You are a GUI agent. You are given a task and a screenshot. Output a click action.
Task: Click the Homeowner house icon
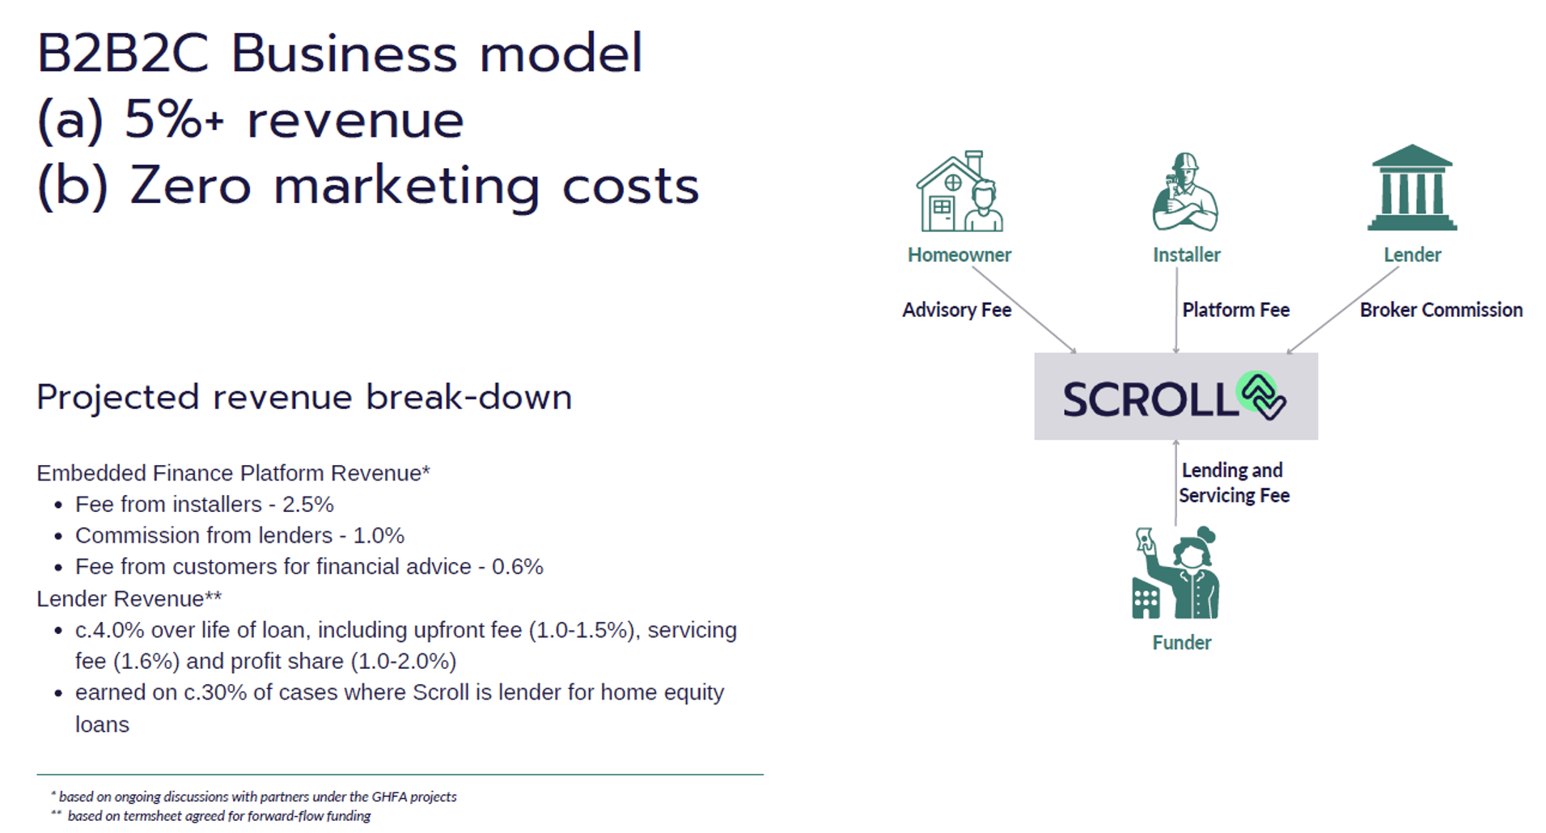pyautogui.click(x=959, y=192)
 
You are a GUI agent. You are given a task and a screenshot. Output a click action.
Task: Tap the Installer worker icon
pyautogui.click(x=1185, y=192)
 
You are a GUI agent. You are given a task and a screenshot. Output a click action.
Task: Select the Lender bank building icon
pyautogui.click(x=1412, y=188)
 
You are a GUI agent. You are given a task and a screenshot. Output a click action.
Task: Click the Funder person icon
pyautogui.click(x=1175, y=573)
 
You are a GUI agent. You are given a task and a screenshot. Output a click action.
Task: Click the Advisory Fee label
pyautogui.click(x=956, y=310)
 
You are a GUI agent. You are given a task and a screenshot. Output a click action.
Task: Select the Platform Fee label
pyautogui.click(x=1235, y=310)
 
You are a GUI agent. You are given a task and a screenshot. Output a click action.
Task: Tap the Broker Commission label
pyautogui.click(x=1441, y=310)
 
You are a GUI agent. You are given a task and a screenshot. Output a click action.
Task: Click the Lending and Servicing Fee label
pyautogui.click(x=1234, y=483)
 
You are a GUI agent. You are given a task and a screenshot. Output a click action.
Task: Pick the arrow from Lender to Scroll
pyautogui.click(x=1343, y=310)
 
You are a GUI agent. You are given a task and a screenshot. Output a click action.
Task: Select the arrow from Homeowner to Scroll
pyautogui.click(x=1024, y=310)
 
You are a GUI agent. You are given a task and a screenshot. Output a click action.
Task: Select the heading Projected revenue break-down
pyautogui.click(x=304, y=398)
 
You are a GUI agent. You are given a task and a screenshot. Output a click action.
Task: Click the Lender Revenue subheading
pyautogui.click(x=129, y=598)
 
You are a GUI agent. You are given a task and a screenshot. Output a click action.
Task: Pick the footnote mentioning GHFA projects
pyautogui.click(x=254, y=797)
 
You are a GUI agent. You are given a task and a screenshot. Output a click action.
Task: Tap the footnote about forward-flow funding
pyautogui.click(x=210, y=816)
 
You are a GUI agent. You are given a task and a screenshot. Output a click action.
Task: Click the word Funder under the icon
pyautogui.click(x=1182, y=643)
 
